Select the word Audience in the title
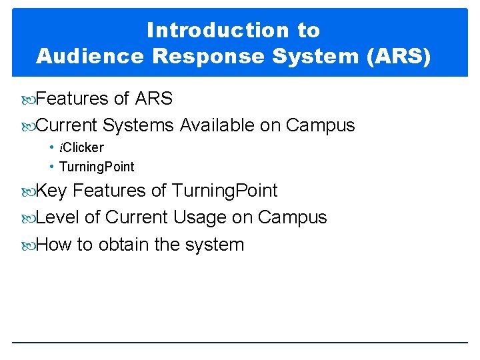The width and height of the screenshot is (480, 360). (90, 56)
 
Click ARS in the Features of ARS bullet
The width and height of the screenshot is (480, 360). (153, 99)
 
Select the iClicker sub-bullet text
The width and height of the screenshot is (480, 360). (81, 147)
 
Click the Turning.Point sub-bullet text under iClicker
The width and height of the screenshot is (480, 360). (97, 167)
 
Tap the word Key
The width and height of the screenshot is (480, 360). (51, 191)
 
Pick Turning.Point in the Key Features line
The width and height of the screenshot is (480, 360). (225, 191)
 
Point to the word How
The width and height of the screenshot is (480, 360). (54, 245)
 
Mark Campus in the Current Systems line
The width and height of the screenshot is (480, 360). (320, 125)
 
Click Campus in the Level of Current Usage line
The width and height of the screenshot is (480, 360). (292, 217)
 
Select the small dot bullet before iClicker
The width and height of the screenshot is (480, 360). (51, 147)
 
